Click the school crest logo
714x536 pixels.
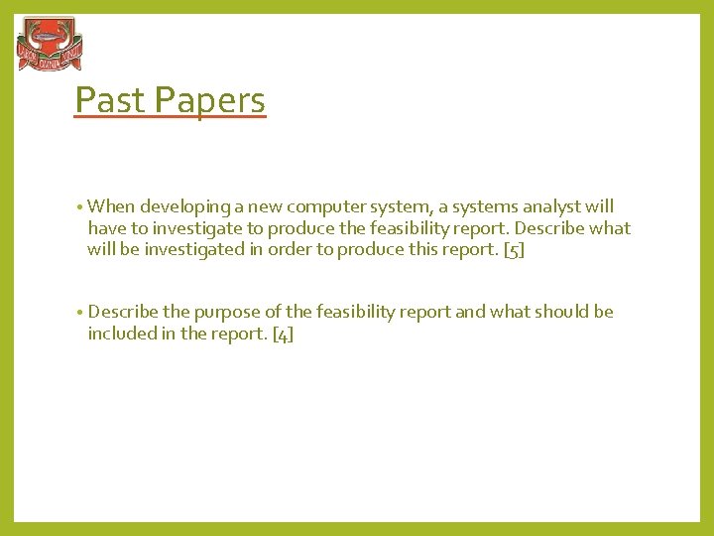(x=50, y=46)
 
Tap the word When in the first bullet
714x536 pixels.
(x=111, y=206)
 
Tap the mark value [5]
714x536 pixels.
(x=514, y=250)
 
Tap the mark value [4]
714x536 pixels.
(x=283, y=334)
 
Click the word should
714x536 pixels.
(x=561, y=312)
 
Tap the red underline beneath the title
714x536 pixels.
(x=171, y=118)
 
